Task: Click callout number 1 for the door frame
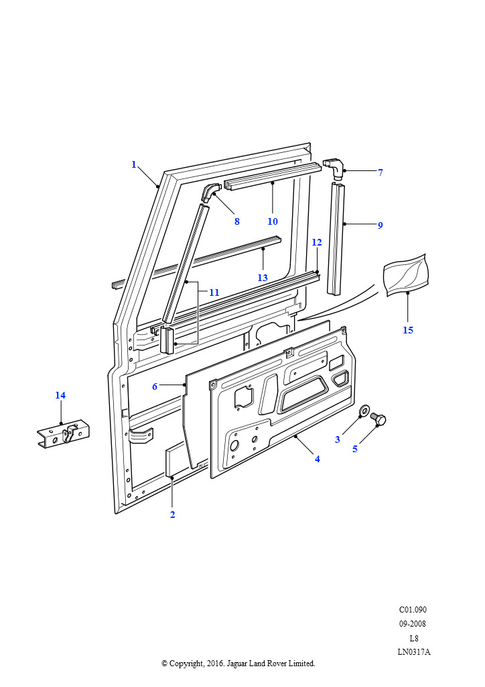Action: tap(134, 165)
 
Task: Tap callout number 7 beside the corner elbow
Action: tap(380, 172)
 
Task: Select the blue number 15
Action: tap(407, 330)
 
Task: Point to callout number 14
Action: tap(60, 395)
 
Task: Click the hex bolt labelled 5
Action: tap(378, 419)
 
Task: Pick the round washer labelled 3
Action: tap(364, 411)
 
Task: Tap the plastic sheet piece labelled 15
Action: tap(406, 274)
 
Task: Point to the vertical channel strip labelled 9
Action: tap(336, 239)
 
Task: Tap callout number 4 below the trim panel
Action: tap(318, 459)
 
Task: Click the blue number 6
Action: tap(155, 386)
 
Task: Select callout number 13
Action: tap(263, 278)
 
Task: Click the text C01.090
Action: tap(413, 609)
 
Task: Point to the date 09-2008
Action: tap(413, 623)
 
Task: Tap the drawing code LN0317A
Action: tap(414, 651)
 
